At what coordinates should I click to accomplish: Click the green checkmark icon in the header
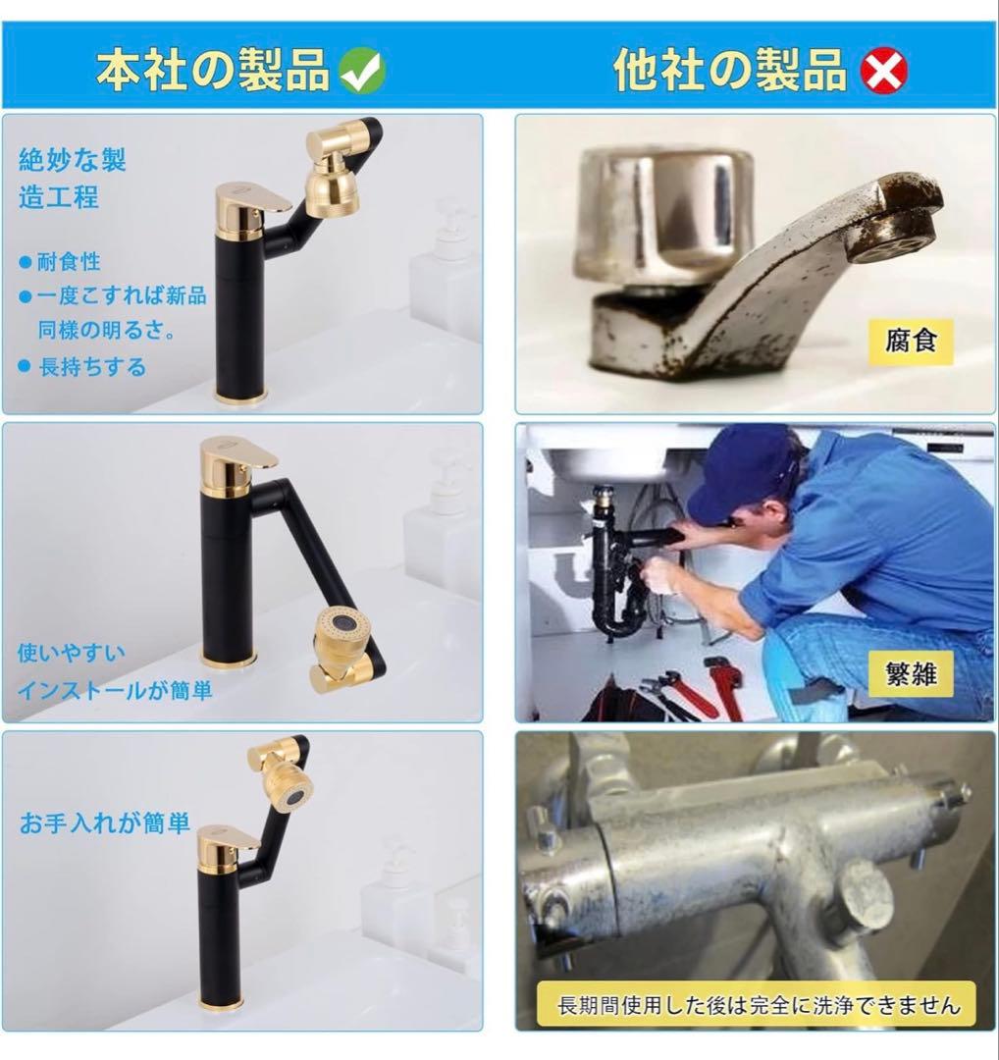pos(361,70)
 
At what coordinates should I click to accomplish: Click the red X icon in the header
pos(883,70)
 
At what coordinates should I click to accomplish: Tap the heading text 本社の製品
pos(212,70)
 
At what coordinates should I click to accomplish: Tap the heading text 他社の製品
pos(730,70)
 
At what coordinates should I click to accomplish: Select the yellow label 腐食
pos(911,342)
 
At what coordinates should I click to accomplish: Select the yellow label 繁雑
pos(910,674)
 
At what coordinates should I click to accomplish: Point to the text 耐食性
pos(69,262)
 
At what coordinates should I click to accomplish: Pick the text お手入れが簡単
pos(105,822)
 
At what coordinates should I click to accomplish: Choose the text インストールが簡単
pos(115,691)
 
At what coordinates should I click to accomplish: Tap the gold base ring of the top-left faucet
pos(240,396)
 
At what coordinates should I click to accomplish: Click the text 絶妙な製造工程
pos(72,178)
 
